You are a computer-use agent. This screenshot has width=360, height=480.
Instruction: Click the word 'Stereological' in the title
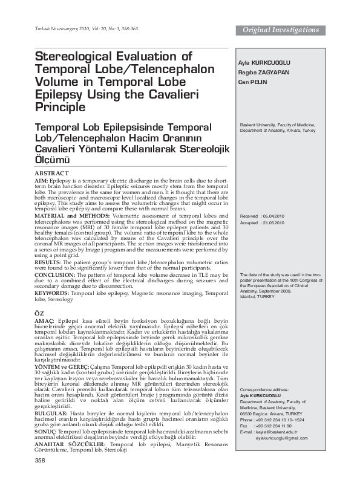click(76, 56)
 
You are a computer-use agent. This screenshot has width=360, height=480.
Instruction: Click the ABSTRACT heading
click(52, 173)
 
